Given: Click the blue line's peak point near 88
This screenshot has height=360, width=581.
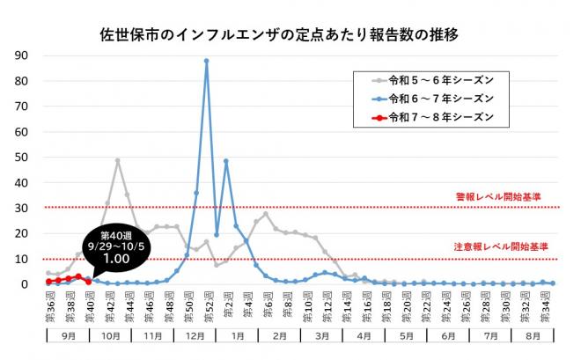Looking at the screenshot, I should pyautogui.click(x=206, y=61).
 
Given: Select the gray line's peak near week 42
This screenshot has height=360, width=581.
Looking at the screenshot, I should pyautogui.click(x=117, y=161).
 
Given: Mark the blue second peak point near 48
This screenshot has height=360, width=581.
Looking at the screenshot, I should pyautogui.click(x=226, y=161).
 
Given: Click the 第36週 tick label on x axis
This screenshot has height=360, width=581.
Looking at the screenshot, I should pyautogui.click(x=49, y=308).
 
